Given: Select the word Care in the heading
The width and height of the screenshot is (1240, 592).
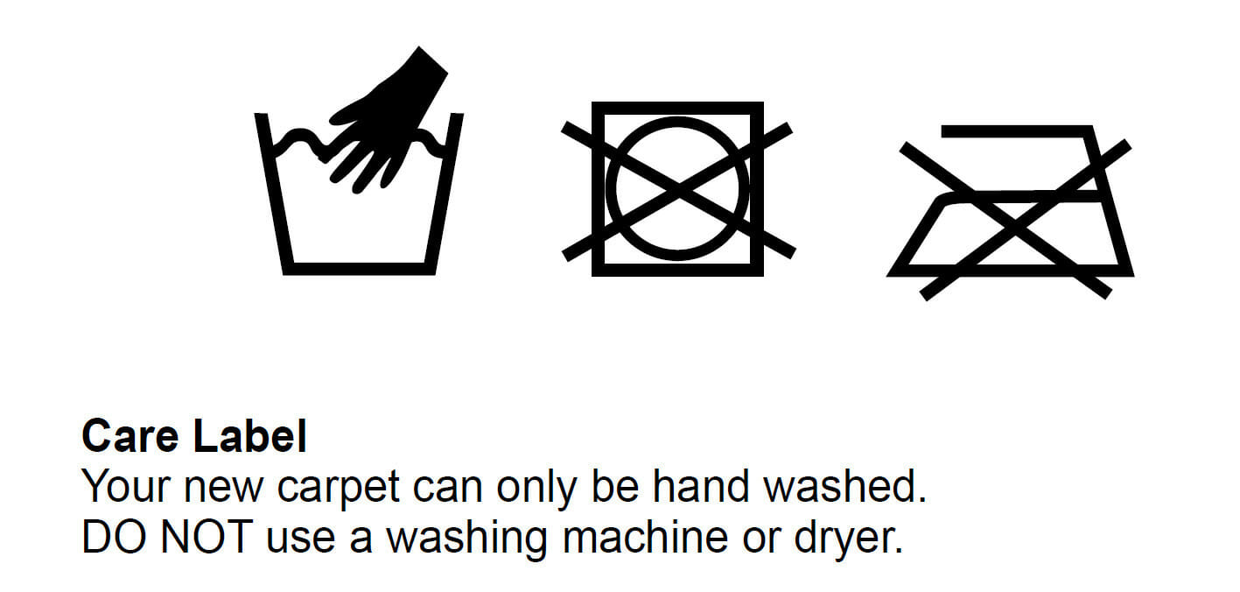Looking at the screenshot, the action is click(x=130, y=436).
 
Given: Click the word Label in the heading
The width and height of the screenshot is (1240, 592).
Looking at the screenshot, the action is click(x=249, y=435).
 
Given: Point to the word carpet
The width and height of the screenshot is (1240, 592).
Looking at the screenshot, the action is click(x=339, y=488).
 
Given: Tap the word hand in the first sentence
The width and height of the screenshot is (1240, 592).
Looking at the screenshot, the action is click(x=701, y=485).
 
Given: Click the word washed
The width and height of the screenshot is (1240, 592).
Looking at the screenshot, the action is click(x=845, y=485).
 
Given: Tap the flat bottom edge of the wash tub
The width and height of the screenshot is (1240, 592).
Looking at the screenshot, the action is click(x=359, y=269).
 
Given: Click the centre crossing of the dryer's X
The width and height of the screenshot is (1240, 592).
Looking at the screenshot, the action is click(x=679, y=191).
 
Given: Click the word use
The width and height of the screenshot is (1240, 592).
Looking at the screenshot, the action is click(x=301, y=540).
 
